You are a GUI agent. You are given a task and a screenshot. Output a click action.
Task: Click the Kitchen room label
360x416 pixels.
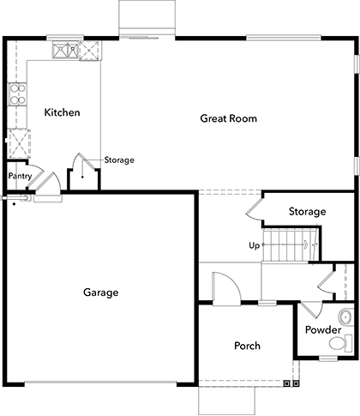[x=63, y=112]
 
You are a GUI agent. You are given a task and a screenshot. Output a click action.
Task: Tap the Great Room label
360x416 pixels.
[x=229, y=118]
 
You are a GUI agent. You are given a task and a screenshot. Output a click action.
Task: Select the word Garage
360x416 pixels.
[x=100, y=292]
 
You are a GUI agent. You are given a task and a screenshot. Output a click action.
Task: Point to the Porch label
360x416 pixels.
[x=247, y=347]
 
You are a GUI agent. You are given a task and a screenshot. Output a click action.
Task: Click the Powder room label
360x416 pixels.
[x=323, y=330]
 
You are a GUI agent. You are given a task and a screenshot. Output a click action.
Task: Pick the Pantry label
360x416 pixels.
[x=20, y=177]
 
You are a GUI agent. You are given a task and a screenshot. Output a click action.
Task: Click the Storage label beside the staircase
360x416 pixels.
[x=307, y=211]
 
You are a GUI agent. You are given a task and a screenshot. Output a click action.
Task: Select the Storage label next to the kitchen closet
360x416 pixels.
[x=119, y=160]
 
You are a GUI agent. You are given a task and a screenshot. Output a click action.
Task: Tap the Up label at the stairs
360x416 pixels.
[x=254, y=246]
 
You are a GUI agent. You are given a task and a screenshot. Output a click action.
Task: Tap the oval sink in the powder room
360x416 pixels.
[x=345, y=314]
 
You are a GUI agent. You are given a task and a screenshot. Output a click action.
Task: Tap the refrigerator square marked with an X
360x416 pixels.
[x=17, y=139]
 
